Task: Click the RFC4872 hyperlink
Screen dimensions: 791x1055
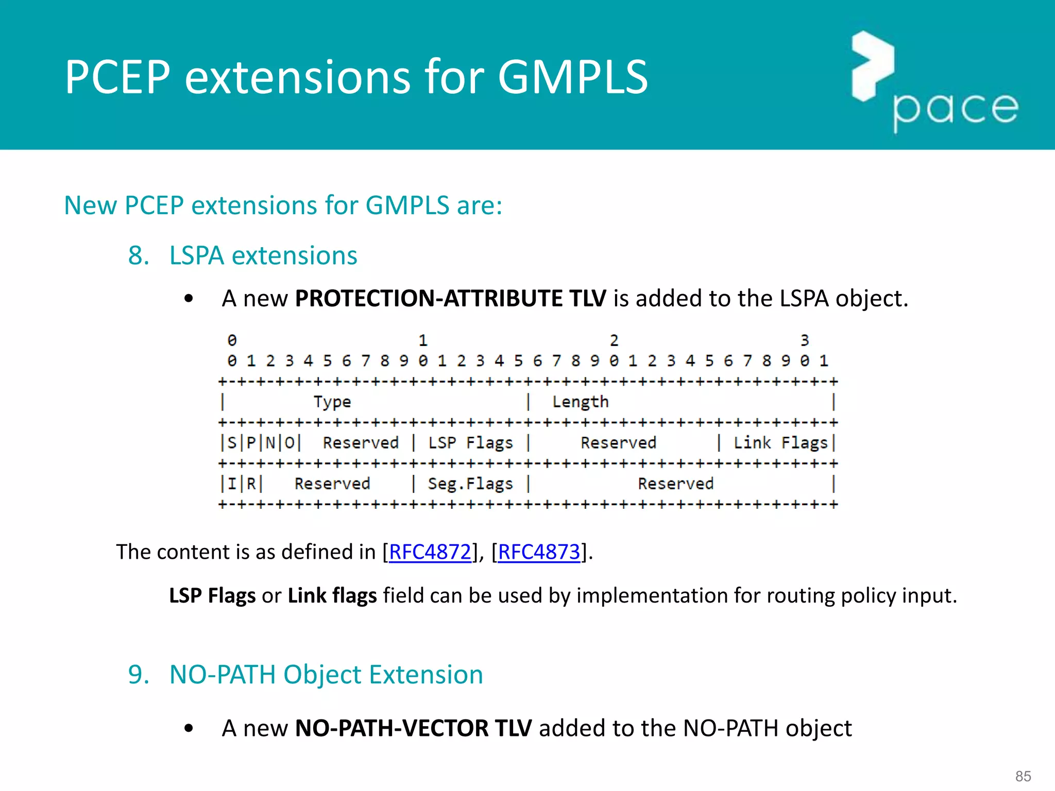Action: pos(430,552)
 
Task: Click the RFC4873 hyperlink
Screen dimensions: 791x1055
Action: pos(539,552)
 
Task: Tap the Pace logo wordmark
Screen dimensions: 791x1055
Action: pos(956,109)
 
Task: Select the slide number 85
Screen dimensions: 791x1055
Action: pos(1023,776)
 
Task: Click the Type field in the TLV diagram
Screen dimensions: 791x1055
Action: pos(332,402)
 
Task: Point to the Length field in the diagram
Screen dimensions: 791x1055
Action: pos(580,402)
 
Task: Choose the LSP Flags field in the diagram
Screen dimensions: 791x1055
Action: pos(470,443)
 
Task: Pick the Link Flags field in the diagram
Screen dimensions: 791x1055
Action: pos(780,443)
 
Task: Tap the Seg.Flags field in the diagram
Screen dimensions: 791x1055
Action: pos(470,484)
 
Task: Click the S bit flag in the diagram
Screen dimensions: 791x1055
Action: pos(232,443)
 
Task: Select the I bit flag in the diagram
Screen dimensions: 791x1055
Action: pos(232,484)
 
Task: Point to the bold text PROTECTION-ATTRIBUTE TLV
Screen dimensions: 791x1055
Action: pos(450,299)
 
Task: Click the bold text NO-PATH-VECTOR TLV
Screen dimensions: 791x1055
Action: pos(413,728)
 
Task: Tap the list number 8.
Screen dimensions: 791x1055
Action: pos(138,255)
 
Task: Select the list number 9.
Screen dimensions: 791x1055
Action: pos(138,675)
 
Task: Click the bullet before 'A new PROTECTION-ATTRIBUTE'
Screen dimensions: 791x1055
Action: pos(189,299)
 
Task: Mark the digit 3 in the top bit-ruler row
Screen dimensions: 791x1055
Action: pos(805,340)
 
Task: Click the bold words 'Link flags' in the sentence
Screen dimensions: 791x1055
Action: pos(332,595)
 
